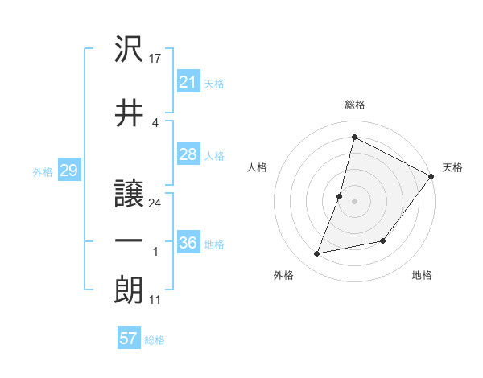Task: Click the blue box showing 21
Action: tap(188, 82)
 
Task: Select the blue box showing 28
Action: tap(188, 154)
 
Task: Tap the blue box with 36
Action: tap(188, 243)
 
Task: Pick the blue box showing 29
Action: tap(68, 171)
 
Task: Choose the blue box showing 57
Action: tap(129, 339)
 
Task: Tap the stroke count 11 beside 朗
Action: tap(155, 300)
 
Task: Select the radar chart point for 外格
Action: tap(317, 254)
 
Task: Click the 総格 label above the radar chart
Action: tap(355, 105)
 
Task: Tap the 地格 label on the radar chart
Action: tap(422, 276)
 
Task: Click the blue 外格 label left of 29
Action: tap(43, 171)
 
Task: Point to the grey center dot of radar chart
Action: tap(354, 201)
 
